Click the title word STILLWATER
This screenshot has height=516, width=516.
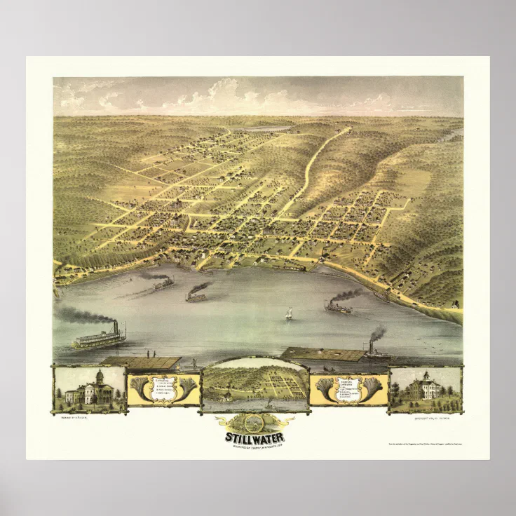[x=254, y=439]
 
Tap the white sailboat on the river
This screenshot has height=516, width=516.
[x=288, y=313]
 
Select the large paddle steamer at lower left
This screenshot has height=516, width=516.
[x=99, y=339]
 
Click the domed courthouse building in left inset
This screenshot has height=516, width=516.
[x=90, y=390]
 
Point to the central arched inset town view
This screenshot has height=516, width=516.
[x=255, y=386]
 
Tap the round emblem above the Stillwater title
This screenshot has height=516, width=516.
[x=254, y=422]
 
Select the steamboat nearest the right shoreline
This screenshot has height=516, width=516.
[x=338, y=306]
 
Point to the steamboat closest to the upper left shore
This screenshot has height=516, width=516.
[x=163, y=283]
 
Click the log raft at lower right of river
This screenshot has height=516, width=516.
[x=322, y=354]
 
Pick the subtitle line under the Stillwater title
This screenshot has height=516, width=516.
[x=254, y=447]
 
